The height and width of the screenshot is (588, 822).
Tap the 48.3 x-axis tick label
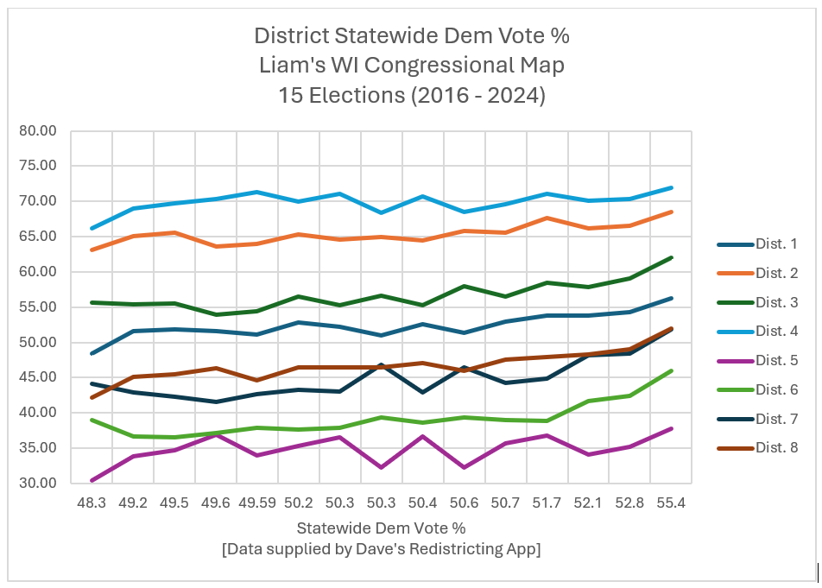pyautogui.click(x=92, y=502)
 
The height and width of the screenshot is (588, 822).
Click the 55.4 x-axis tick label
pyautogui.click(x=671, y=502)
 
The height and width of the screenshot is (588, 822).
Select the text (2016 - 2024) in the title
pyautogui.click(x=473, y=95)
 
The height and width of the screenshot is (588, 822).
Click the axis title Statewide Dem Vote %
pyautogui.click(x=381, y=527)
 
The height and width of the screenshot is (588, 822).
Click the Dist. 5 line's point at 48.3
pyautogui.click(x=92, y=480)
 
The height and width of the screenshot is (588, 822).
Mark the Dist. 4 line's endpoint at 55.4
pyautogui.click(x=671, y=187)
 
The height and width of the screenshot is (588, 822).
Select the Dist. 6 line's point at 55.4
pyautogui.click(x=671, y=371)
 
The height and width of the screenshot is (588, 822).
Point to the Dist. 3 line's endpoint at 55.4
pyautogui.click(x=671, y=257)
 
